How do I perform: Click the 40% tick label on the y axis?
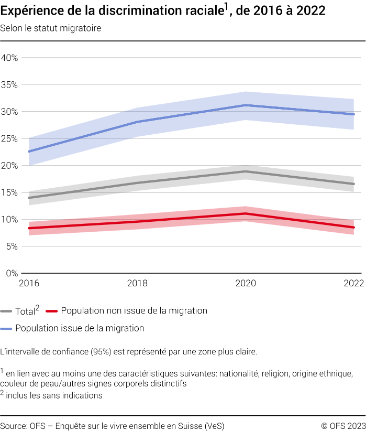click(x=9, y=58)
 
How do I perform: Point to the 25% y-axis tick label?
click(x=9, y=138)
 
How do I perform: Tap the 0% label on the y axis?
click(x=12, y=273)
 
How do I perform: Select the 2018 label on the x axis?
click(x=137, y=284)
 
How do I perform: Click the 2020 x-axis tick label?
click(x=245, y=284)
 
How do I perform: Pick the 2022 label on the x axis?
click(x=353, y=284)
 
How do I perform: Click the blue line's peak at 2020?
click(x=245, y=105)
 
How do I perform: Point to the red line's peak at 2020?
click(x=245, y=213)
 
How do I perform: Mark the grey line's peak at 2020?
click(x=245, y=171)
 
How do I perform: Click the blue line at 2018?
click(x=137, y=122)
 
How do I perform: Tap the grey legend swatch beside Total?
click(x=7, y=311)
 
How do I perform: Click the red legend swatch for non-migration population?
click(x=52, y=311)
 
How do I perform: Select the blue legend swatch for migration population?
click(x=7, y=329)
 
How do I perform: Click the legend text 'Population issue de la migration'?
click(x=80, y=329)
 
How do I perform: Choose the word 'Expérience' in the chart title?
click(x=30, y=11)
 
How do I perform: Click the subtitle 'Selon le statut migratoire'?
click(x=50, y=28)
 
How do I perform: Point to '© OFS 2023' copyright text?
click(x=343, y=425)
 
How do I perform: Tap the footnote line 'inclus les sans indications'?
click(x=54, y=395)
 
